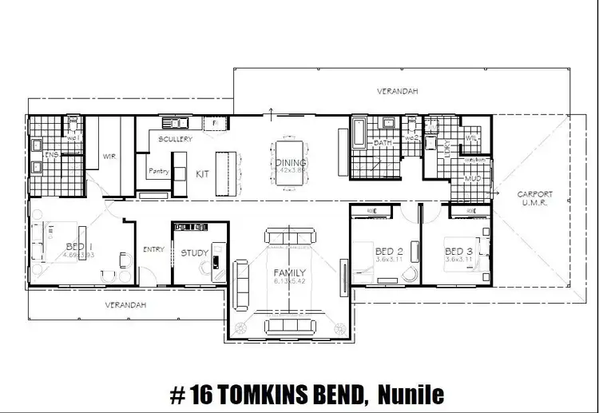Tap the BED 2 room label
pos(387,251)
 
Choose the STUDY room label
pos(194,253)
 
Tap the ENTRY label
pos(153,250)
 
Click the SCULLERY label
pos(175,139)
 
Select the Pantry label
pos(157,171)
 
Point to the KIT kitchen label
pos(203,173)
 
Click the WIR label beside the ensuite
pos(109,157)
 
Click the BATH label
pos(382,143)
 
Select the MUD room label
pos(473,179)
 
